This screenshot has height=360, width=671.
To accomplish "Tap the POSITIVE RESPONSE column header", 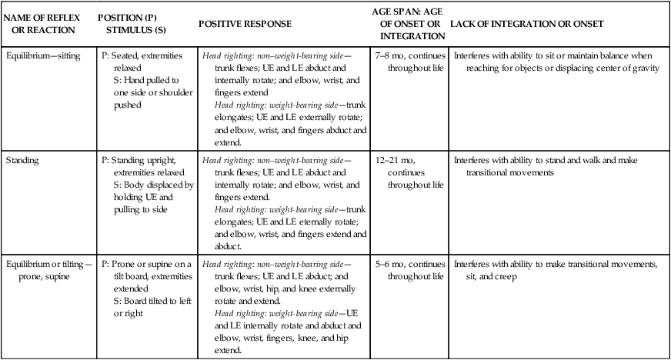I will [245, 24].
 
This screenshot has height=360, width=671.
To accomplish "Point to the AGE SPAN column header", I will [407, 23].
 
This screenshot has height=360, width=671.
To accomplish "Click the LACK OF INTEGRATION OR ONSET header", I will [526, 24].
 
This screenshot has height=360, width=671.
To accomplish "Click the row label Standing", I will [22, 161].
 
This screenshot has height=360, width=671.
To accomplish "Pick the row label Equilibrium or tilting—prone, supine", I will [49, 271].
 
